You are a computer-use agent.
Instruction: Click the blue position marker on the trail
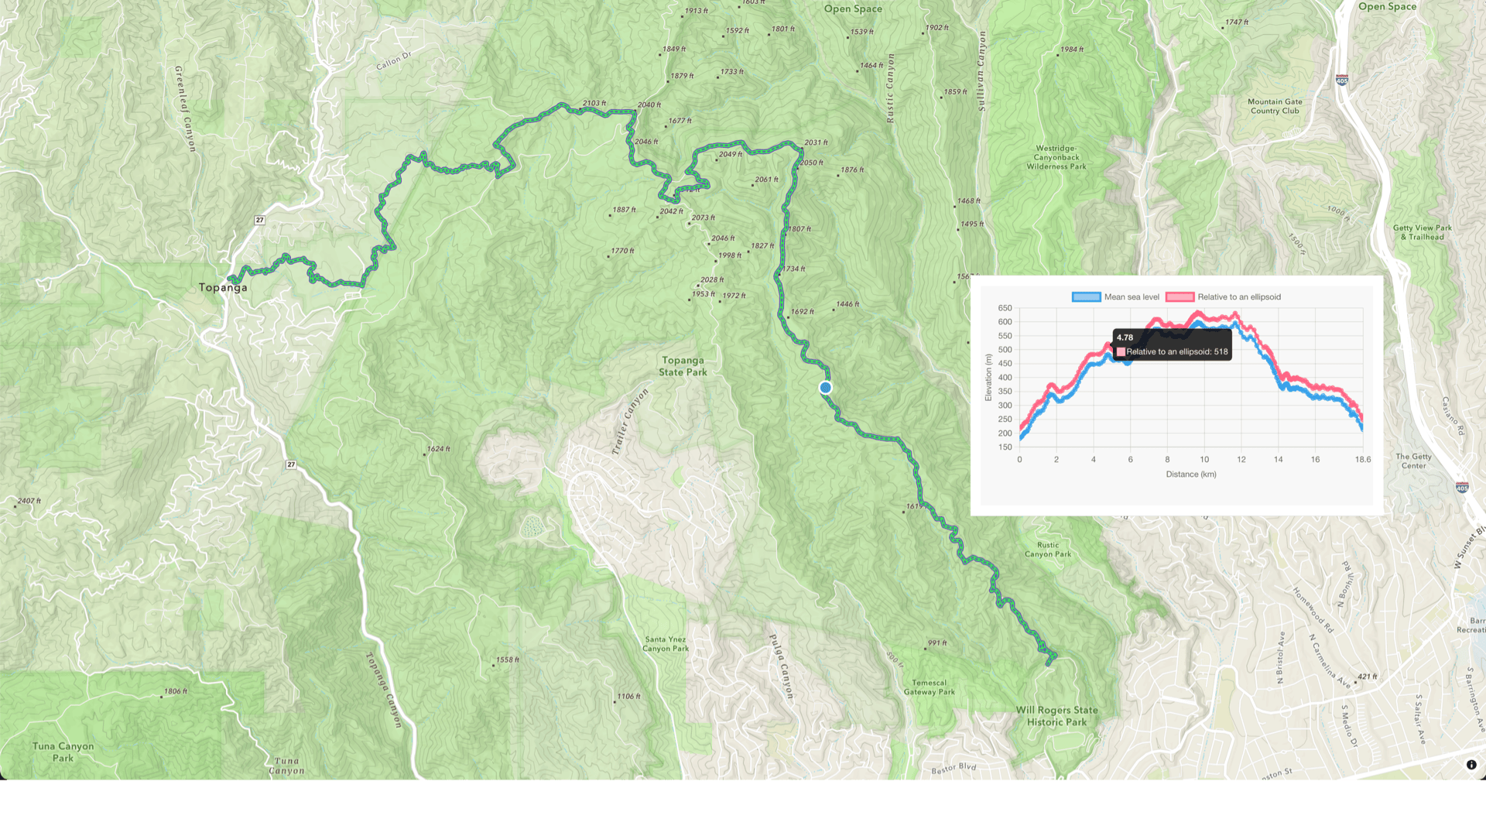pos(826,388)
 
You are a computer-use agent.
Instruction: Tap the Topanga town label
pos(223,287)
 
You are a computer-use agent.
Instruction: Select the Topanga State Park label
pos(683,366)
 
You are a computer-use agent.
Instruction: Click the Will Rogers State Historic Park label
pos(1056,716)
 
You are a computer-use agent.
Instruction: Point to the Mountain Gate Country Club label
pos(1275,106)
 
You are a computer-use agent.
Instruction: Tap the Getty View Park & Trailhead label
pos(1422,232)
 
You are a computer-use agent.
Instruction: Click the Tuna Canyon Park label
pos(63,752)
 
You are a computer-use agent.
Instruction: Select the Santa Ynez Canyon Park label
pos(666,644)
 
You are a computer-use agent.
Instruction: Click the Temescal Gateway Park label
pos(929,687)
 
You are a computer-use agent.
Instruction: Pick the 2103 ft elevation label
pos(594,103)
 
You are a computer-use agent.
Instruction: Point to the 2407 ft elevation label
pos(29,501)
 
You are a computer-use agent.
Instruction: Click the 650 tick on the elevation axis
pos(1005,308)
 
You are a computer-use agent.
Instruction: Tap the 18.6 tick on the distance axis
pos(1362,460)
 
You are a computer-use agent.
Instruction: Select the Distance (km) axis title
pos(1190,475)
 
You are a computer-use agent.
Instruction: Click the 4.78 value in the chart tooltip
pos(1125,337)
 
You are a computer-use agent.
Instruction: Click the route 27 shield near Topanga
pos(260,221)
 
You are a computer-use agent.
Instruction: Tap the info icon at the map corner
pos(1471,765)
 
